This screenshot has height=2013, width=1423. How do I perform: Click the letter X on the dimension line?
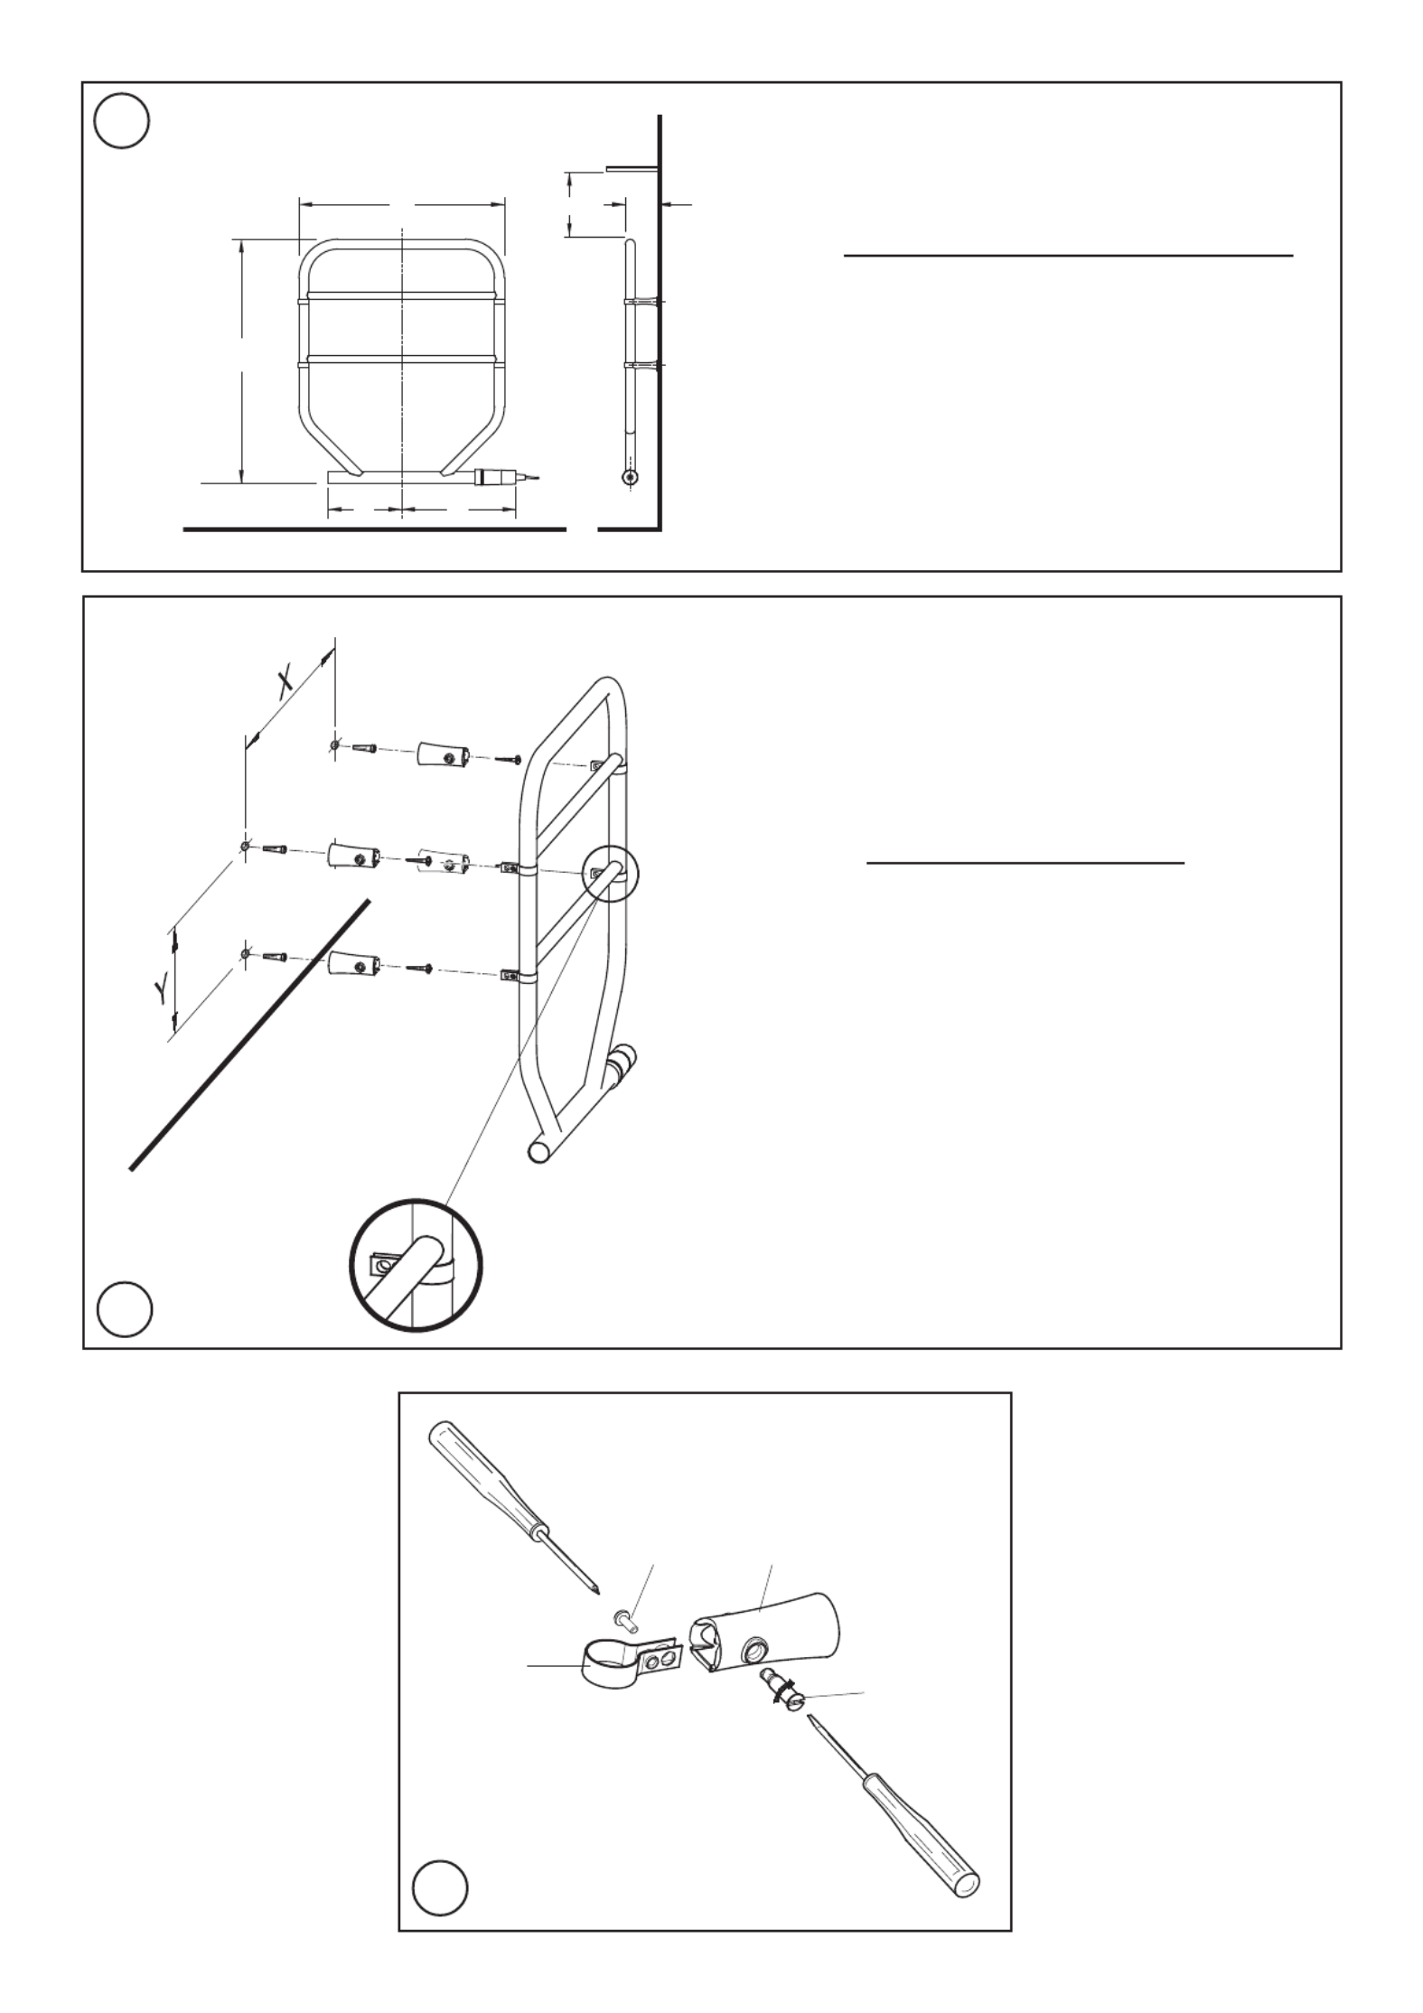pos(286,683)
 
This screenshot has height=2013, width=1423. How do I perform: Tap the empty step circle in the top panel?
pos(121,121)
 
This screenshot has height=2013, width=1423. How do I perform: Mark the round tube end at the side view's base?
pos(631,475)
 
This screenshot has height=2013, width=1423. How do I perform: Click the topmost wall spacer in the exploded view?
pos(443,755)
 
